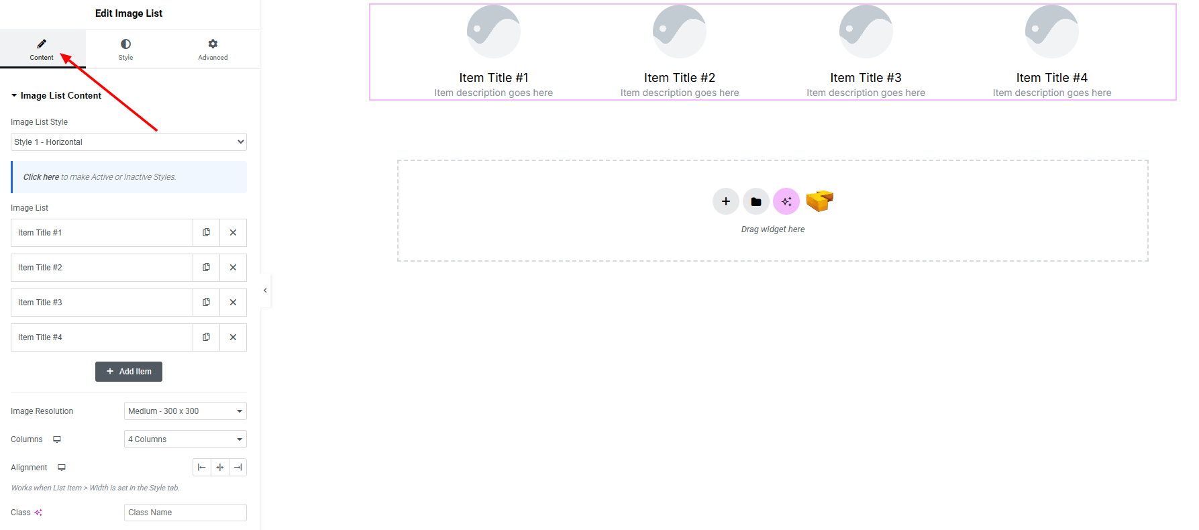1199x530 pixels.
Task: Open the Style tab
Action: (125, 49)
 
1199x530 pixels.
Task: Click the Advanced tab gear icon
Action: (213, 44)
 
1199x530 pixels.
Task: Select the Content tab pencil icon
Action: (42, 44)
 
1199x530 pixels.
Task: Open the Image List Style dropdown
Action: (129, 142)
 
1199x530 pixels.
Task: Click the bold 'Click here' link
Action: (41, 177)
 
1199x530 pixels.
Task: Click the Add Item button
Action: (129, 372)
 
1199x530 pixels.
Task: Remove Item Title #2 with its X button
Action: (233, 268)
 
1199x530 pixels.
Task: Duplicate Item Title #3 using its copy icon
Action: (206, 303)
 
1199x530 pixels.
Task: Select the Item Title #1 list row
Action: (101, 233)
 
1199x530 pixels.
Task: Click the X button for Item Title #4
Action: (233, 337)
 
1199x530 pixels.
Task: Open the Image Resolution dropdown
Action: (185, 411)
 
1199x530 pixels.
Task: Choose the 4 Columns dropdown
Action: (185, 439)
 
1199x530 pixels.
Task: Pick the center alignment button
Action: (220, 468)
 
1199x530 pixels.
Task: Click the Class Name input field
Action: (185, 513)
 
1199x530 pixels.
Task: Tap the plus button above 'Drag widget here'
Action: (725, 201)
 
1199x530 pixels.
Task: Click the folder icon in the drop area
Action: (756, 201)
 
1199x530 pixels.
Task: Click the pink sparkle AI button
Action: (786, 201)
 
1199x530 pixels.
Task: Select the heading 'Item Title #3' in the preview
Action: (866, 78)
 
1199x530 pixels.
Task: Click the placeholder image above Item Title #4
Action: (1051, 32)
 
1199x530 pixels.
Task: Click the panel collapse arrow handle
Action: (266, 290)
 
